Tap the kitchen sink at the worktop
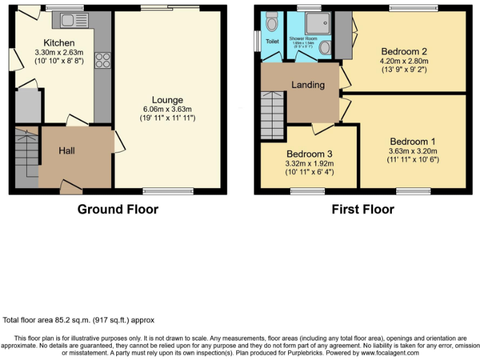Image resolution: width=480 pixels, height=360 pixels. click(75, 21)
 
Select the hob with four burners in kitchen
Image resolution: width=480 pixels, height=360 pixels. click(102, 61)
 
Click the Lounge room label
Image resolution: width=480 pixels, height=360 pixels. click(167, 100)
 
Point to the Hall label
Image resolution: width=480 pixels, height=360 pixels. click(68, 151)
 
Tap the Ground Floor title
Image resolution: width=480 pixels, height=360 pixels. click(117, 209)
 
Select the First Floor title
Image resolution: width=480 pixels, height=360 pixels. click(362, 209)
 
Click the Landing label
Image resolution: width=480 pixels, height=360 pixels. click(308, 85)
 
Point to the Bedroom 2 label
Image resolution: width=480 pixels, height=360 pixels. click(404, 51)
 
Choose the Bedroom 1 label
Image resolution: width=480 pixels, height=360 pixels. click(409, 141)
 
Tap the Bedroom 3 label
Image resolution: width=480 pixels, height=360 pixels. click(309, 154)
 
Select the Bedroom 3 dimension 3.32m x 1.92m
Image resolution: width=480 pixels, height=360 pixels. click(309, 163)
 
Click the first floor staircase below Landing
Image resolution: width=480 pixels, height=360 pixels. click(272, 116)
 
